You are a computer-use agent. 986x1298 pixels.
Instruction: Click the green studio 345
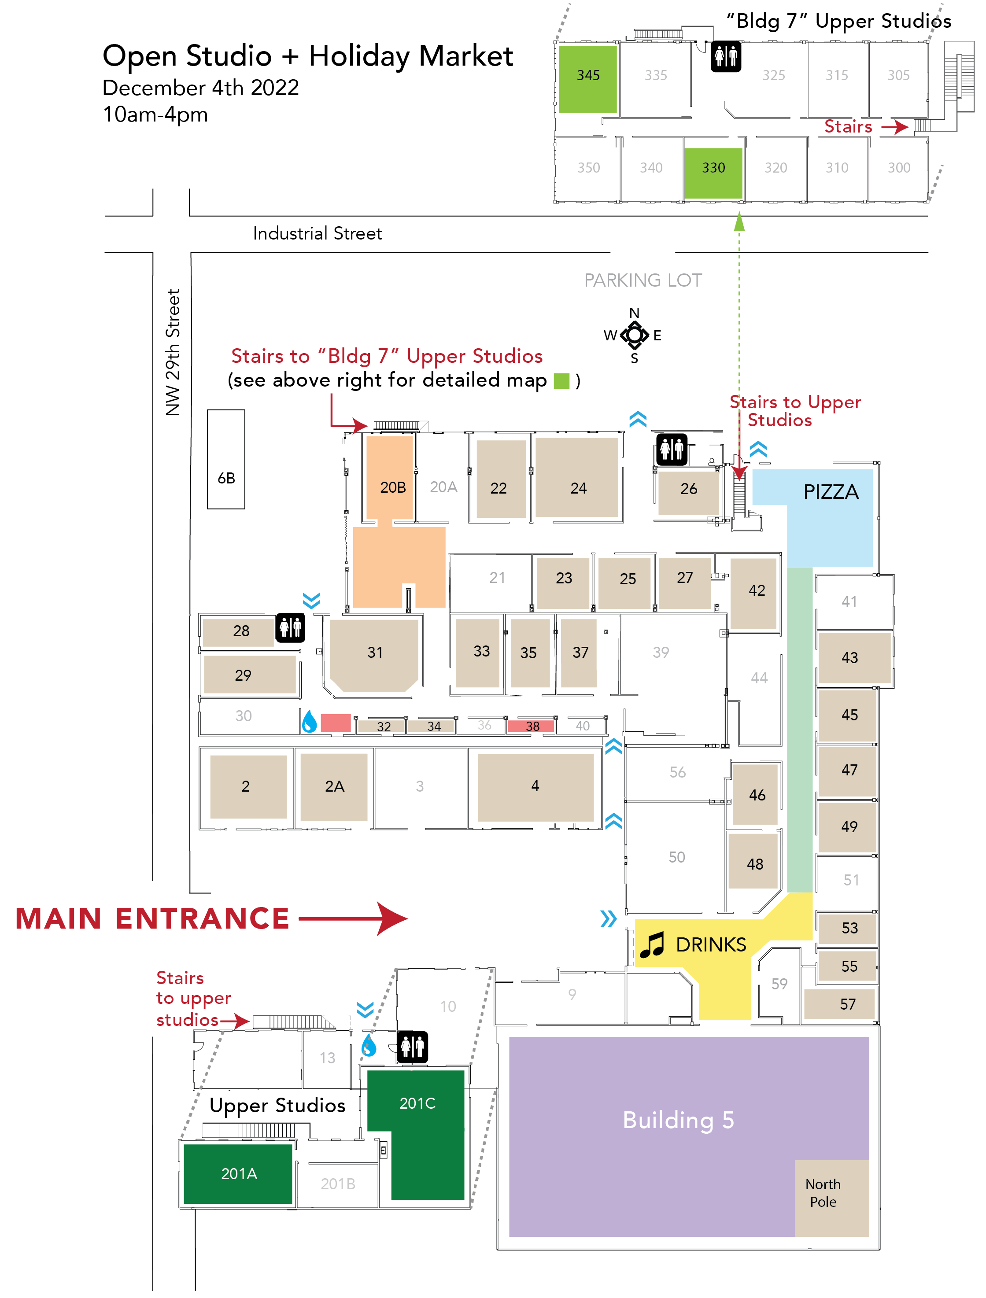(x=587, y=78)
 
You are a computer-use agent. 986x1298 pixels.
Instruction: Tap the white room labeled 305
(x=898, y=76)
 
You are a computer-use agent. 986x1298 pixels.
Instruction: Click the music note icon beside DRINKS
(x=651, y=945)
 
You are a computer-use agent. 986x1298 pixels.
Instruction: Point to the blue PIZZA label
(x=831, y=492)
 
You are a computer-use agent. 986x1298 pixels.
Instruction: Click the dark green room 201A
(x=238, y=1173)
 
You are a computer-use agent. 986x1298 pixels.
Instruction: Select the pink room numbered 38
(x=532, y=726)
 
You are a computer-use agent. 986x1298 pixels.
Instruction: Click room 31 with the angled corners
(x=374, y=653)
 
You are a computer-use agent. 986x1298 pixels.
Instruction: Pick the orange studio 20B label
(x=393, y=487)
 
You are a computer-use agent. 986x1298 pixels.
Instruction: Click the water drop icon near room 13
(x=369, y=1045)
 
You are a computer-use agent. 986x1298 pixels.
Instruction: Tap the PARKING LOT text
(x=643, y=280)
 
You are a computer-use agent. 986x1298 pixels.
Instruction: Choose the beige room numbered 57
(x=847, y=1004)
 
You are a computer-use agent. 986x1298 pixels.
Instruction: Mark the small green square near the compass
(x=561, y=381)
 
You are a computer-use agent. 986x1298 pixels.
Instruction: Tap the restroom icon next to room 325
(x=726, y=57)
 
